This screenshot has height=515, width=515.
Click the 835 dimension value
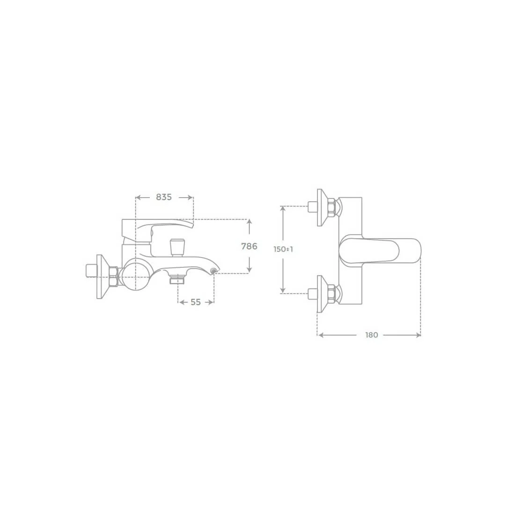(164, 197)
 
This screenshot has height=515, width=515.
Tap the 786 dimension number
(249, 246)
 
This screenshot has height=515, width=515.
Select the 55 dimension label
(196, 302)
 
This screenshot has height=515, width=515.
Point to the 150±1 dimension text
(283, 249)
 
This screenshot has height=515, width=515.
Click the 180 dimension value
(372, 335)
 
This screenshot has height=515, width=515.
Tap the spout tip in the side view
(215, 271)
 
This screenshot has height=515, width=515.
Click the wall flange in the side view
(102, 277)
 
